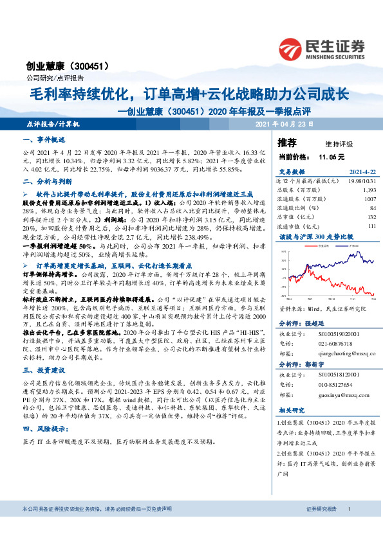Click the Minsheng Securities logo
pyautogui.click(x=321, y=49)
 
